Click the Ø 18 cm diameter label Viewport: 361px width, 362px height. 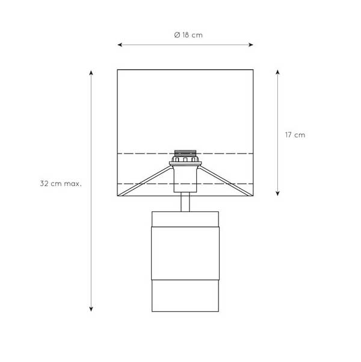click(188, 35)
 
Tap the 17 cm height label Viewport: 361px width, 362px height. click(295, 135)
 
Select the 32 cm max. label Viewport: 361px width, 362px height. click(61, 184)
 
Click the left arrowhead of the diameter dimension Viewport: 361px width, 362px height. click(120, 45)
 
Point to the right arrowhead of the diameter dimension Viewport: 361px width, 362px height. click(251, 45)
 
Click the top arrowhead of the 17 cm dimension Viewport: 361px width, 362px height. click(277, 72)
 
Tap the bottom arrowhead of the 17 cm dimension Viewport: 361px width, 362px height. click(277, 193)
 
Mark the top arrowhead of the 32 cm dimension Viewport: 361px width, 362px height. click(91, 73)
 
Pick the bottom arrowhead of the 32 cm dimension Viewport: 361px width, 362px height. click(91, 309)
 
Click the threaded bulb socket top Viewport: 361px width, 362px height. click(185, 153)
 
